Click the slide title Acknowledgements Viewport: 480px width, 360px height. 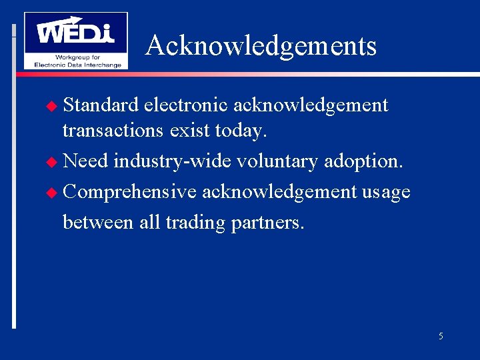pos(261,46)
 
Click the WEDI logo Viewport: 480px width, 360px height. pos(75,40)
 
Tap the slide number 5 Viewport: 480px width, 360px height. pos(441,336)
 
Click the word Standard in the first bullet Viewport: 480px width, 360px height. pos(101,105)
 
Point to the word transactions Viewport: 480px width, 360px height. pos(112,130)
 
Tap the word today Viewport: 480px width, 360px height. pos(241,131)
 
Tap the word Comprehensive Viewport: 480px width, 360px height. pos(130,192)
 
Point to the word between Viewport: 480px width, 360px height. pos(98,222)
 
